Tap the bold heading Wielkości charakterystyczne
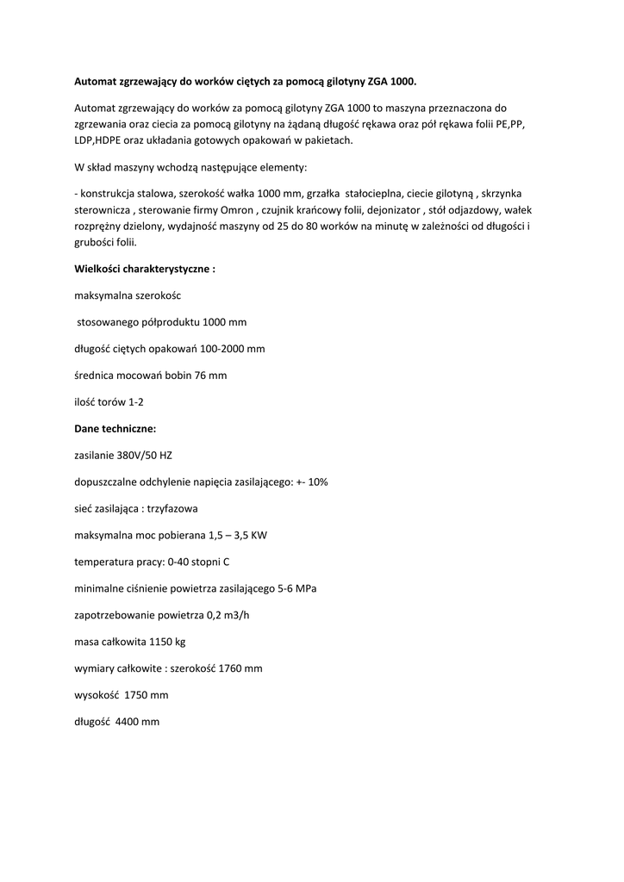145,268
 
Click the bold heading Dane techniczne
115,428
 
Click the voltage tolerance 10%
317,481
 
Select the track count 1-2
136,401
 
